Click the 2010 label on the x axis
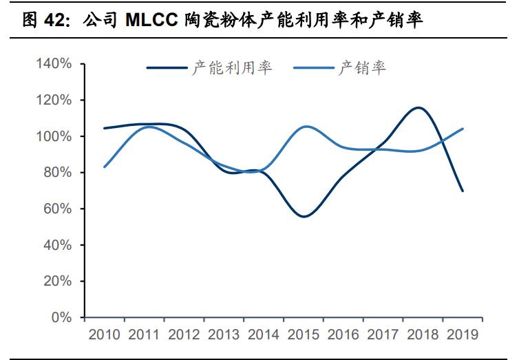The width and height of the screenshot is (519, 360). [x=103, y=335]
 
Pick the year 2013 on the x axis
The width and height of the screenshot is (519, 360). [x=223, y=335]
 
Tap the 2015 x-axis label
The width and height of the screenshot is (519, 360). [x=303, y=335]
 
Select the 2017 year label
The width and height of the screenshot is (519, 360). [x=383, y=335]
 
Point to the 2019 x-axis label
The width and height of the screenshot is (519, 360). [x=463, y=335]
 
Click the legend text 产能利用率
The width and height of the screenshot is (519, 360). [x=232, y=67]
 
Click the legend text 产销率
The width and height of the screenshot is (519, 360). [x=362, y=67]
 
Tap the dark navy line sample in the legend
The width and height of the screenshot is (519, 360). [x=167, y=68]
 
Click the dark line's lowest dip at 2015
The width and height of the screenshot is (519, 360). [x=304, y=216]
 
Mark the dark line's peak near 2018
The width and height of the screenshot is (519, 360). [x=418, y=107]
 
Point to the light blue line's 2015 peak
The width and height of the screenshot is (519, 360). [x=305, y=127]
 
